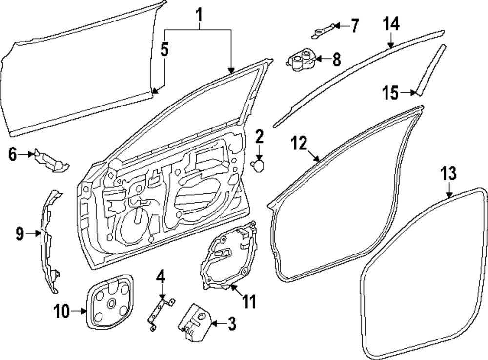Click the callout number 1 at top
[199, 17]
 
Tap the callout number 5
[165, 50]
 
